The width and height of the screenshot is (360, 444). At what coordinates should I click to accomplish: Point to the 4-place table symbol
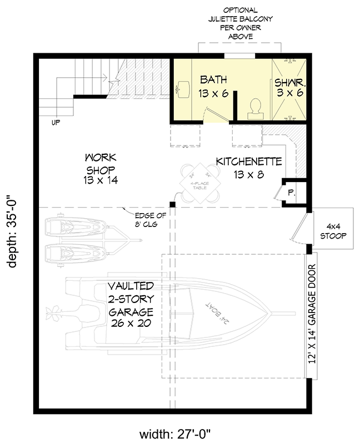coord(200,181)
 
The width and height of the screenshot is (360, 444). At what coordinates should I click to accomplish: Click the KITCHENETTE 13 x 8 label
coord(248,168)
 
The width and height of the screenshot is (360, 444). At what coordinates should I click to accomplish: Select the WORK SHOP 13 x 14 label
coord(100,168)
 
